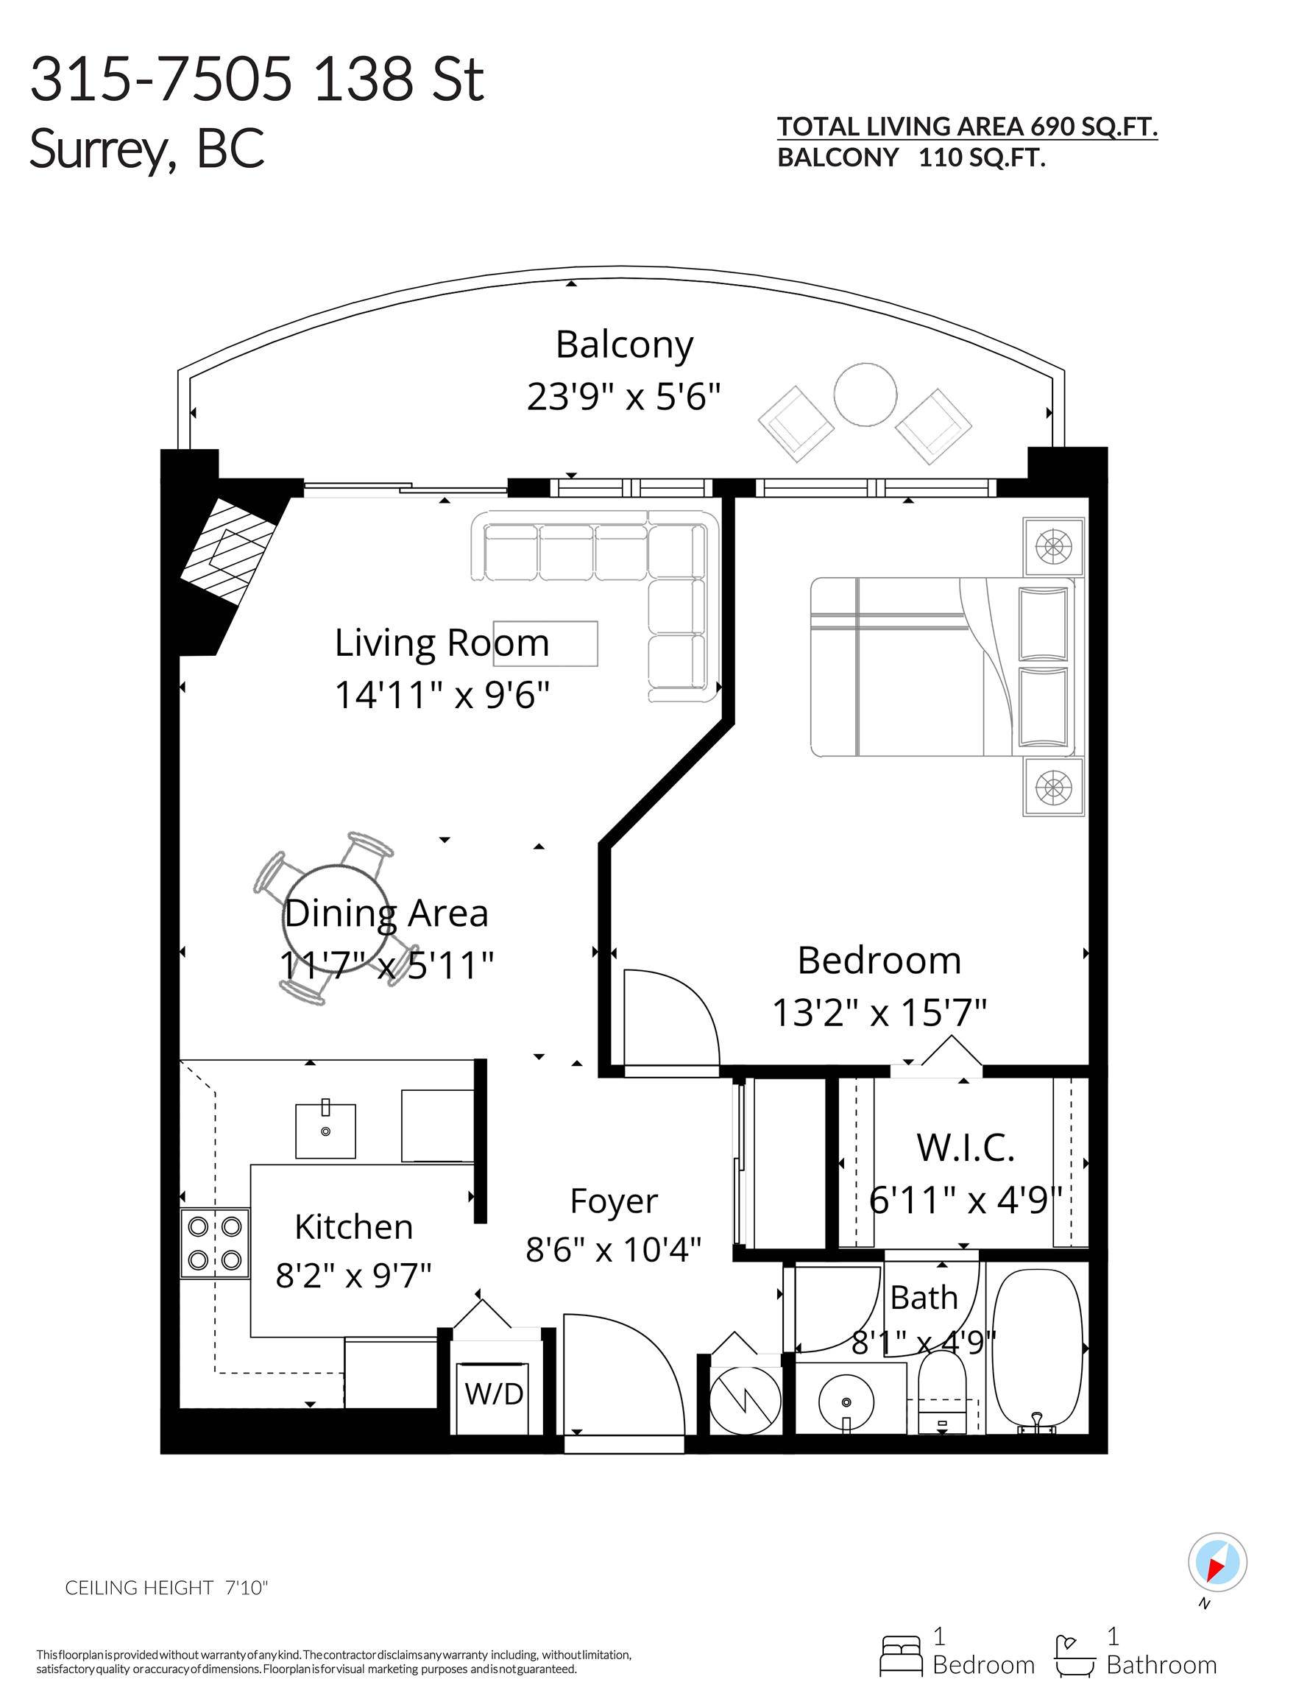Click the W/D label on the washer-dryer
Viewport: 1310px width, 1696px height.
tap(494, 1393)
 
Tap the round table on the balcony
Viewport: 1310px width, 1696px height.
tap(865, 395)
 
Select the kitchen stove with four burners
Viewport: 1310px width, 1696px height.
tap(215, 1243)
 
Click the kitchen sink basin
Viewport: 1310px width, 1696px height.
tap(325, 1131)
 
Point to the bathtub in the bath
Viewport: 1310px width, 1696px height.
tap(1038, 1351)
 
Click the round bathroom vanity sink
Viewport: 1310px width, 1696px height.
tap(846, 1402)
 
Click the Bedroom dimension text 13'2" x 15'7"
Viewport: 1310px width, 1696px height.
tap(879, 1013)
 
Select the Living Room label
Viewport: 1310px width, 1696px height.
tap(442, 643)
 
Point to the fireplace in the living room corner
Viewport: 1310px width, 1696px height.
tap(228, 551)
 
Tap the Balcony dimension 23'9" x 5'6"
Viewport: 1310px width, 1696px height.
tap(623, 396)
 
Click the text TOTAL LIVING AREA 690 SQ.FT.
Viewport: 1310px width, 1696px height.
tap(967, 127)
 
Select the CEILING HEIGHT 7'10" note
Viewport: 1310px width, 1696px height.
tap(166, 1587)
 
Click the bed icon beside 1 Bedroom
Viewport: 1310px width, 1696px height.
tap(901, 1655)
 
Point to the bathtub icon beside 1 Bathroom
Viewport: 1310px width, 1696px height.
tap(1074, 1655)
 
